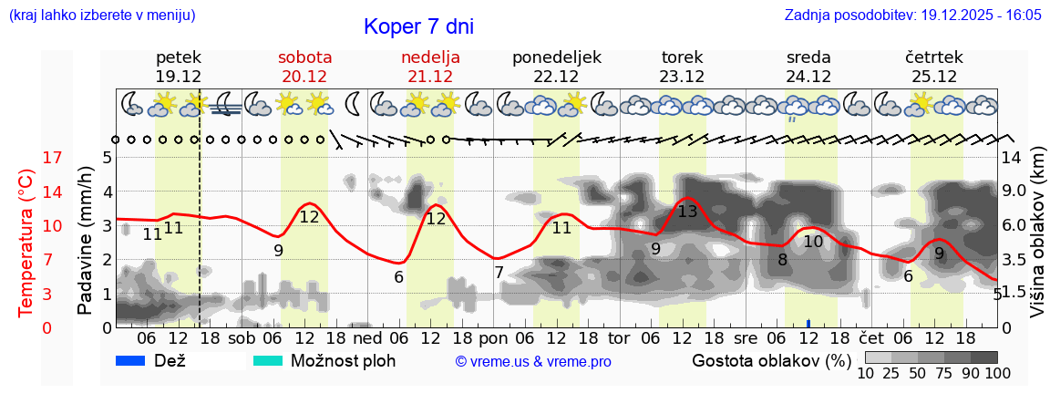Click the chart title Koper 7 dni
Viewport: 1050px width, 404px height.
coord(418,26)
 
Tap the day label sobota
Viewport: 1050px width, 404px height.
coord(304,57)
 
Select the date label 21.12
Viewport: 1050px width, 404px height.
coord(430,77)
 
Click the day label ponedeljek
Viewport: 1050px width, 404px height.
coord(557,57)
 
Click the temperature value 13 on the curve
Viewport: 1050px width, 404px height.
coord(687,212)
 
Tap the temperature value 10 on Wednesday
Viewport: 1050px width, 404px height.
coord(813,242)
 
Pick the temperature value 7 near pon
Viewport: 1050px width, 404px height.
coord(499,272)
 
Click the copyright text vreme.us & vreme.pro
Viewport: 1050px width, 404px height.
coord(532,361)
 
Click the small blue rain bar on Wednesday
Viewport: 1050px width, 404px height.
coord(808,324)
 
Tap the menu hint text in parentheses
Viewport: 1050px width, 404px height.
coord(101,16)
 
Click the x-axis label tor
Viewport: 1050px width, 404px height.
coord(619,338)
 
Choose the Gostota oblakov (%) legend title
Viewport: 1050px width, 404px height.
coord(770,360)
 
